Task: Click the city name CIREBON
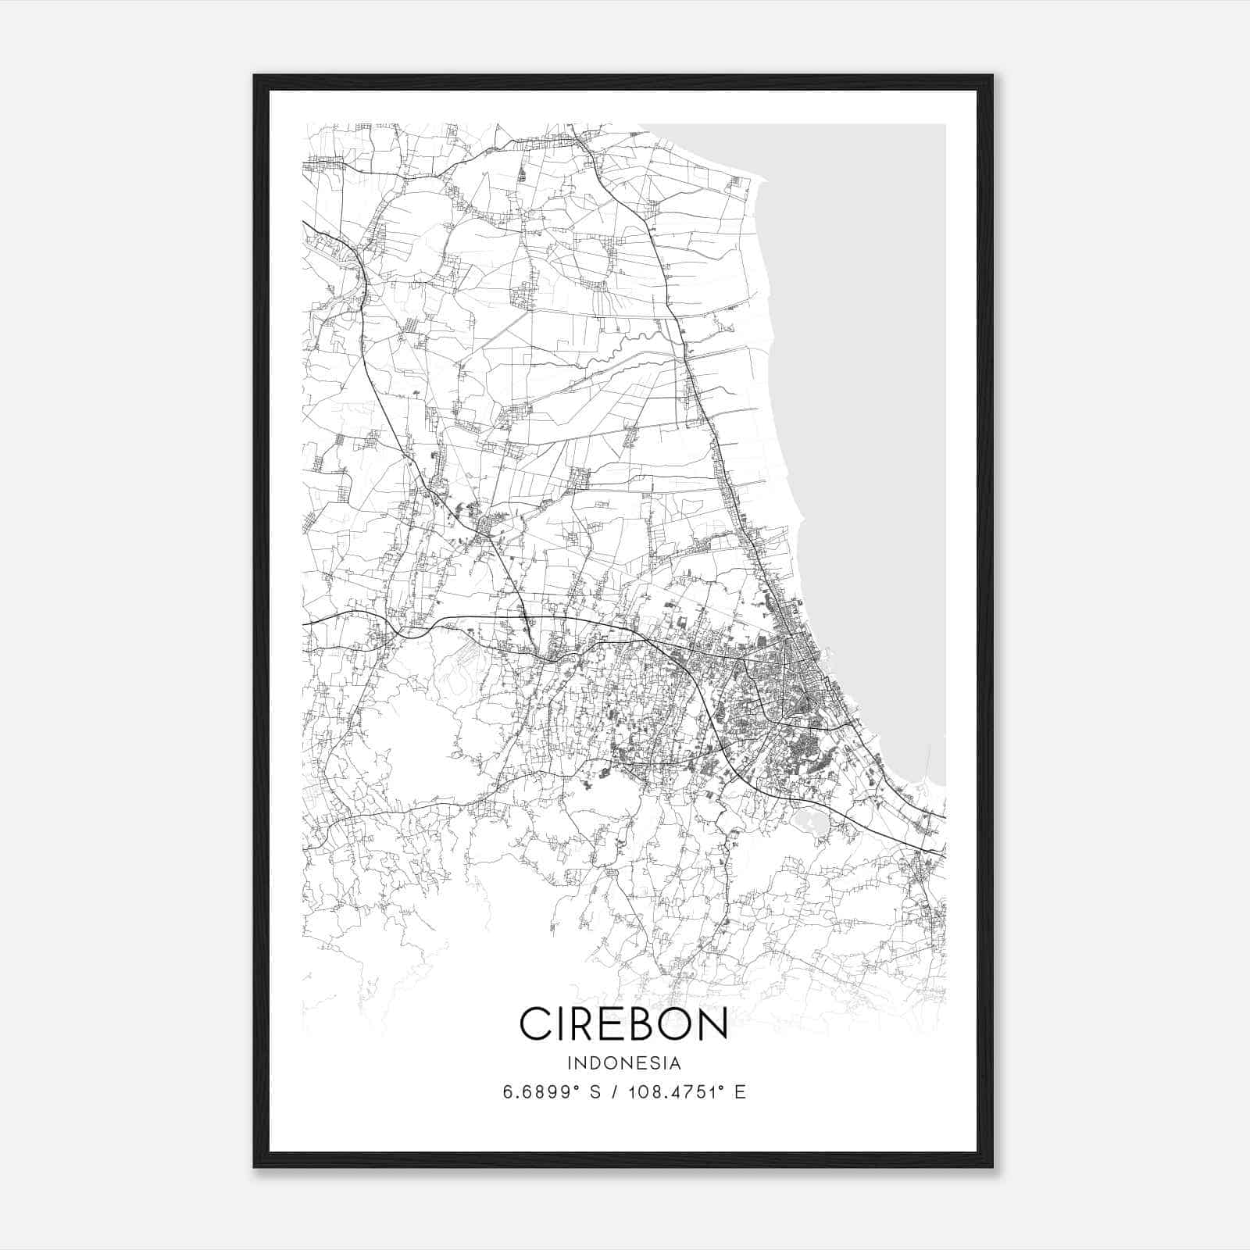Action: click(623, 1023)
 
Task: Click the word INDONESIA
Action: click(623, 1063)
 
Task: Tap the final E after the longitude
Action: click(741, 1092)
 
